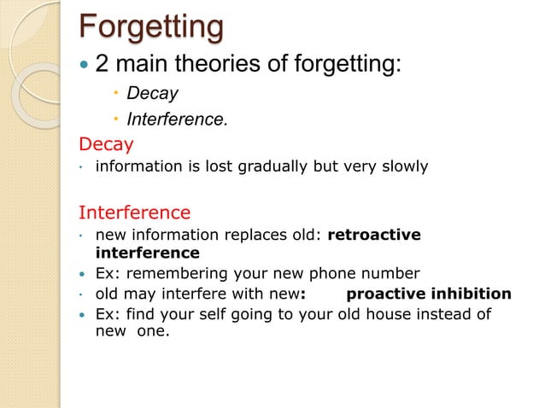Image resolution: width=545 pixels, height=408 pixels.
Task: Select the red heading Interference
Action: (x=134, y=211)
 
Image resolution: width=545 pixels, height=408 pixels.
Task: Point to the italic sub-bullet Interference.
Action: (x=177, y=119)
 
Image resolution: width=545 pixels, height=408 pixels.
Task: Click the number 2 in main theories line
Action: (x=103, y=63)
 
